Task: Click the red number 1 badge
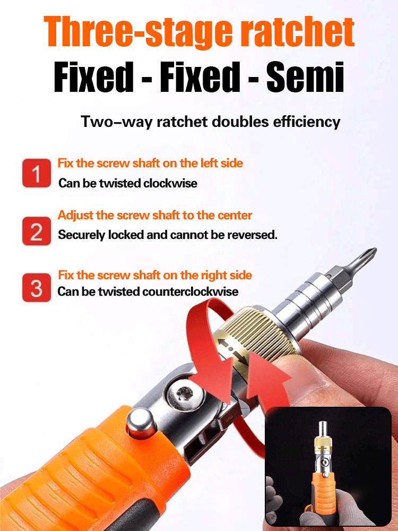[x=37, y=173]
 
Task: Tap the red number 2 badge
[x=37, y=232]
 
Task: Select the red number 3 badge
[x=37, y=287]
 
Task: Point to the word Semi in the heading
[x=305, y=77]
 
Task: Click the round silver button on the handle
[x=141, y=423]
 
